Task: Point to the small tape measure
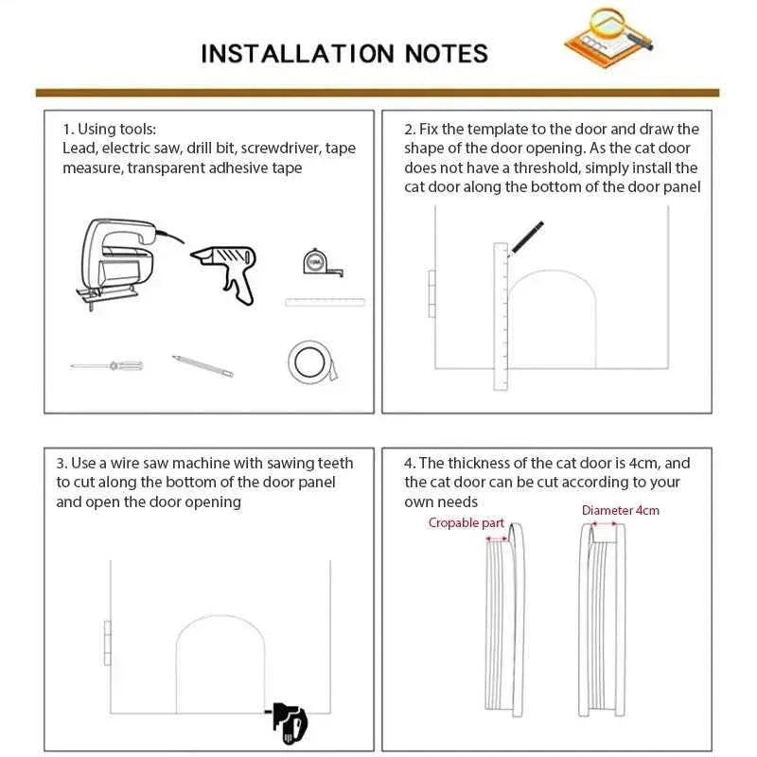pos(319,263)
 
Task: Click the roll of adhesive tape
pos(309,361)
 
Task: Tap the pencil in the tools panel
pos(202,366)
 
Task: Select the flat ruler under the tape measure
pos(325,302)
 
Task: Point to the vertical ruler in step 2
pos(501,317)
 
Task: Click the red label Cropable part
pos(467,522)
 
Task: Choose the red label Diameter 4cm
pos(620,510)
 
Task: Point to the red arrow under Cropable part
pos(496,538)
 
